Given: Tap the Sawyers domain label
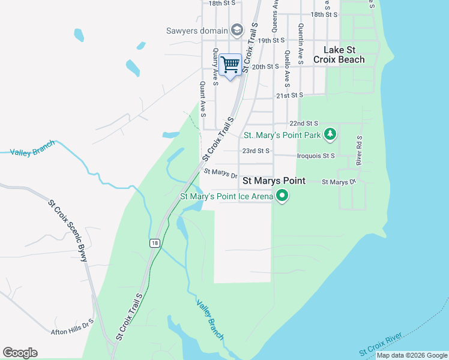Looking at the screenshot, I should point(197,30).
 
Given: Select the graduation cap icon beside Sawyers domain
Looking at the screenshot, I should point(237,30).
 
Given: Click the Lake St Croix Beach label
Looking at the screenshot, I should point(343,55).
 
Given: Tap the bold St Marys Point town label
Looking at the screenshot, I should point(273,181).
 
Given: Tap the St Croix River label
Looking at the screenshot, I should point(381,347).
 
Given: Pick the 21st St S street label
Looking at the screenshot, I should point(290,95).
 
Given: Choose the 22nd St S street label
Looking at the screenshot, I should point(303,123).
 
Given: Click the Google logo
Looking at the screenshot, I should point(20,353).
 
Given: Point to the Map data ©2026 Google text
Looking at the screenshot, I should point(412,355).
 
